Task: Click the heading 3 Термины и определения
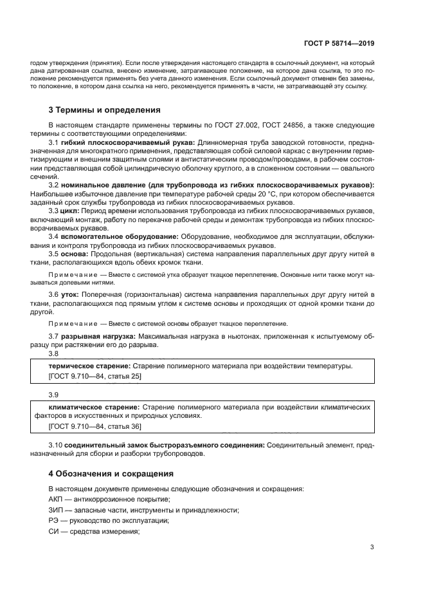(105, 109)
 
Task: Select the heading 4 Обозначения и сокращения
(111, 473)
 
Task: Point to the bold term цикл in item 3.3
(69, 210)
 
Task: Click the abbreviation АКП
(56, 500)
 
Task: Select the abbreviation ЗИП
(56, 510)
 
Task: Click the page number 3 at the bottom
(372, 547)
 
